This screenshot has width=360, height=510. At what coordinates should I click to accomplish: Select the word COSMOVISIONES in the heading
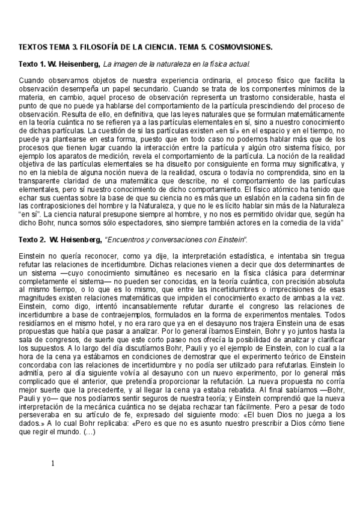(x=240, y=46)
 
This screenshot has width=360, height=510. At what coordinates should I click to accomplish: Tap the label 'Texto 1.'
(x=34, y=63)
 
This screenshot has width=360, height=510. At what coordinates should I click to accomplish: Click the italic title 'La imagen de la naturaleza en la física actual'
(x=177, y=63)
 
